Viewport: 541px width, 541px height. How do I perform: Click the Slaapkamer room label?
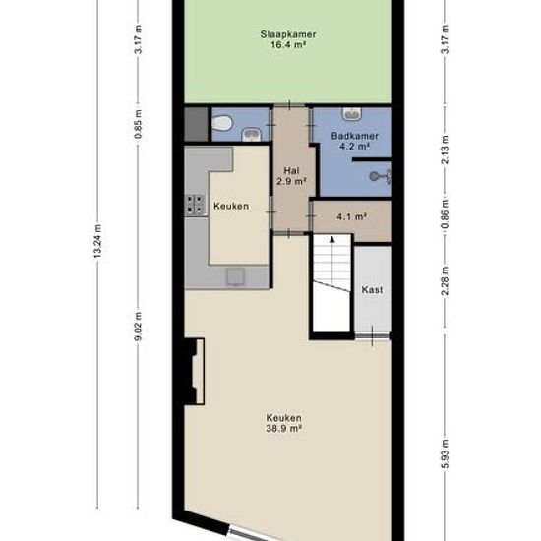pos(288,34)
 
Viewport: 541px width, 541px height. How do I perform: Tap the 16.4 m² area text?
pos(289,45)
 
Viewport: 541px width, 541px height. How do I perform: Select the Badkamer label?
pos(355,136)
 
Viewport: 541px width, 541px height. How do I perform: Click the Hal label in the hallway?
pos(291,170)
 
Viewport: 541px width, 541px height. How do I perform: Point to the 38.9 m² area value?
pos(284,429)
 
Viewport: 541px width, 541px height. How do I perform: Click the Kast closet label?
pos(372,289)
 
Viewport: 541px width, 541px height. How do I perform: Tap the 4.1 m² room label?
pos(351,217)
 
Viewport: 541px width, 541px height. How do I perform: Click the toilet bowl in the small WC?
pos(221,124)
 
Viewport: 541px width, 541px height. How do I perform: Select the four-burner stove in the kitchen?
pos(195,205)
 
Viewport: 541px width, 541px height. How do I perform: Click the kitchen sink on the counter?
pos(235,276)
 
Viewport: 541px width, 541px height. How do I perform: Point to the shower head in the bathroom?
pos(381,176)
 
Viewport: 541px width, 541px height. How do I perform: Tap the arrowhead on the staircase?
pos(331,239)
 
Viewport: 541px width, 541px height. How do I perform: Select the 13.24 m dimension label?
pos(97,241)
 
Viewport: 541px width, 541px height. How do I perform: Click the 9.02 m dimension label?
pos(138,326)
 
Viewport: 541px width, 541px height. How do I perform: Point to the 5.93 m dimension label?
pos(445,453)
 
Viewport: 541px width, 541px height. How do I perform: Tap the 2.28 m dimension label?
pos(445,281)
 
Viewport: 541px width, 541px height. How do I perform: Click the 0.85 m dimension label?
pos(138,124)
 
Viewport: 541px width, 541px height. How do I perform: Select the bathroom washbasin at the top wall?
pos(351,113)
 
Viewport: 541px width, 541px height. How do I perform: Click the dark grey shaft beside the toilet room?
pos(197,124)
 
